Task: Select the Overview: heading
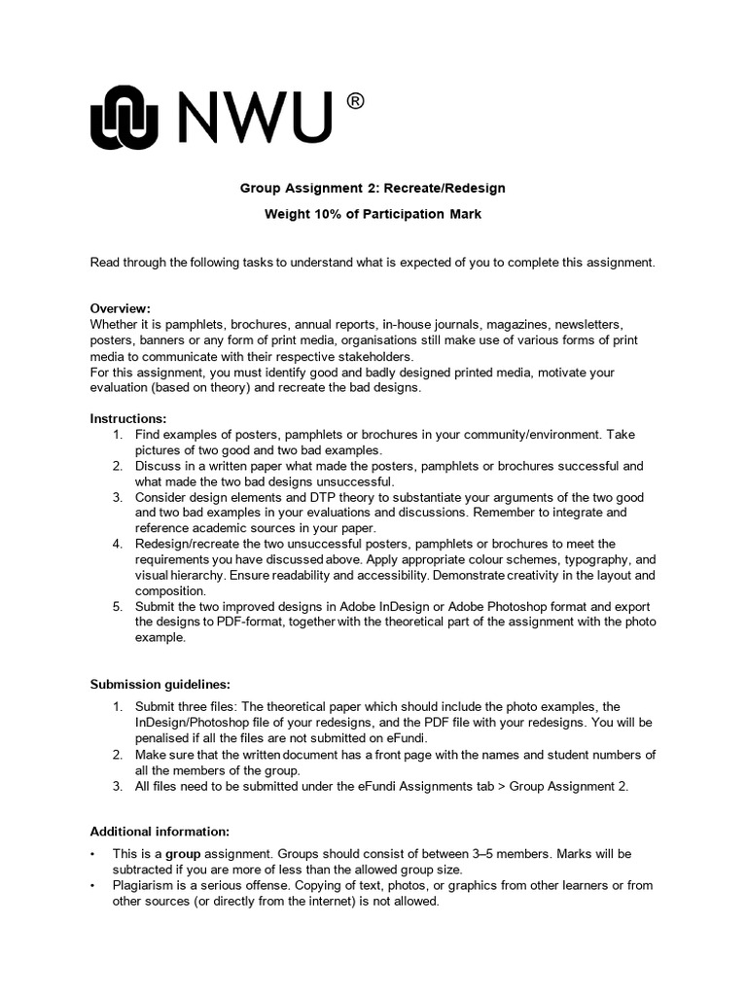coord(121,308)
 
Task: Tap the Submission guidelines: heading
coord(160,684)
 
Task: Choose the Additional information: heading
coord(160,832)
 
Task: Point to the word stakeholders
coord(353,356)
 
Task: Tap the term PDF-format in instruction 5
coord(251,622)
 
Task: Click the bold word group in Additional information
coord(186,854)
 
